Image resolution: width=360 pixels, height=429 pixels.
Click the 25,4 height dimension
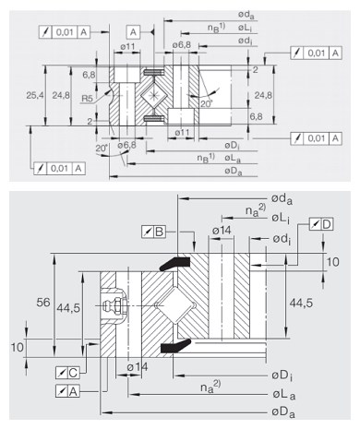[x=35, y=95]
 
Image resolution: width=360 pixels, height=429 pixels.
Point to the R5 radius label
[x=87, y=99]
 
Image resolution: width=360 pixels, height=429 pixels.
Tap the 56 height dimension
[x=43, y=303]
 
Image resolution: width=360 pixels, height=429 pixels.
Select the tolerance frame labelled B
[x=153, y=232]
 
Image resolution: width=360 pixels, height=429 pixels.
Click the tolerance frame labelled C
[x=67, y=373]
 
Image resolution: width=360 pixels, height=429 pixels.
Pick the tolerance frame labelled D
[x=321, y=224]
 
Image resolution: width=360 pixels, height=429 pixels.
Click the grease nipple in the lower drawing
[x=114, y=305]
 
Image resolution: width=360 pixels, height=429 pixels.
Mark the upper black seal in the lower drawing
[x=174, y=263]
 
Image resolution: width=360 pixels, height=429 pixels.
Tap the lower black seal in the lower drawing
[x=175, y=346]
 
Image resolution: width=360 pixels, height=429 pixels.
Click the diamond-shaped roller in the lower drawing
[x=175, y=305]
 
